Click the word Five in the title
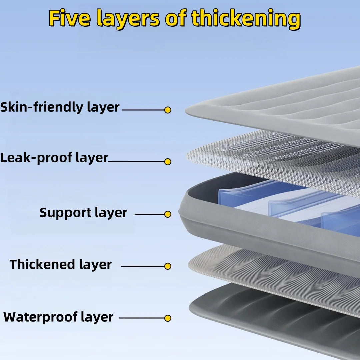coord(69,19)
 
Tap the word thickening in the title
coord(246,19)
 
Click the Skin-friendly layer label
coord(60,108)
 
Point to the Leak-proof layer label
coord(54,158)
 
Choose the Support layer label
coord(83,213)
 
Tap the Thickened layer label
coord(61,265)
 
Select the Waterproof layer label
coord(58,317)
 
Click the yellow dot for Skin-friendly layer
coord(168,110)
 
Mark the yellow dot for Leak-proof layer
coord(168,162)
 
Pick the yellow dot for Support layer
coord(168,214)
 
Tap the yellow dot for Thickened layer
coord(168,266)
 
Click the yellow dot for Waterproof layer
coord(168,318)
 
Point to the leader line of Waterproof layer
coord(142,318)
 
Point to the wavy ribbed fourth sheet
coord(273,270)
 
